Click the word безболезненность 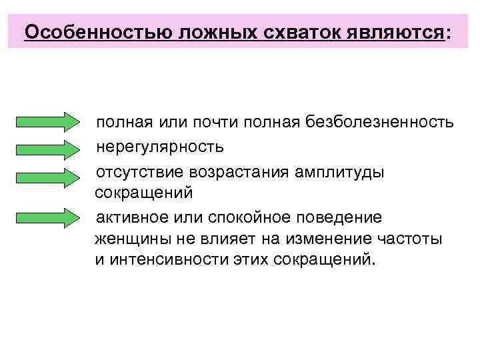pos(380,123)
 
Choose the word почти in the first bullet pos(216,123)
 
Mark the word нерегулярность pos(161,146)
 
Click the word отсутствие pos(140,172)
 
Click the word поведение pos(343,217)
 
